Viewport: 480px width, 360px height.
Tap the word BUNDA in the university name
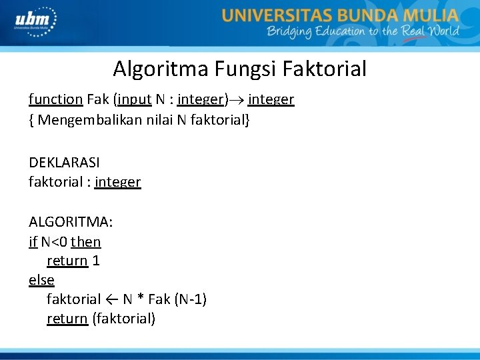[x=369, y=15]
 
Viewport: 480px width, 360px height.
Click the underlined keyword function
[x=55, y=99]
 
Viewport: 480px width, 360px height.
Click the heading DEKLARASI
[x=64, y=162]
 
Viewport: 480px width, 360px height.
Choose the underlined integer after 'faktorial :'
[x=118, y=182]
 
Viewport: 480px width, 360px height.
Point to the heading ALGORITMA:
[x=71, y=221]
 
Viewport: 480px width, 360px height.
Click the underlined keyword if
[x=33, y=241]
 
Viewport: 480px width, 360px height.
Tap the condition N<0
[x=54, y=241]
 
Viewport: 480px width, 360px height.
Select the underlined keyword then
[x=86, y=241]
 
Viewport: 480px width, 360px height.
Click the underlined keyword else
[x=41, y=280]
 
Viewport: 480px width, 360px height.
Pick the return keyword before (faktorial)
[x=67, y=319]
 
